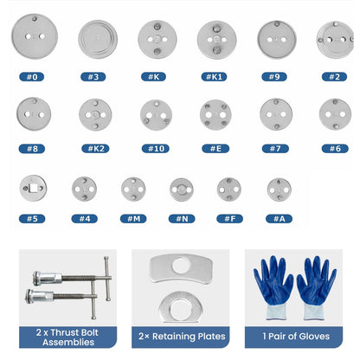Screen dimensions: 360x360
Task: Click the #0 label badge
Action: point(32,77)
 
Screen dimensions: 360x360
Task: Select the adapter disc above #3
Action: point(98,39)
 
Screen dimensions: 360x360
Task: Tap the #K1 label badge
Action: point(214,77)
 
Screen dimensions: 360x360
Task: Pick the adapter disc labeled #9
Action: point(277,40)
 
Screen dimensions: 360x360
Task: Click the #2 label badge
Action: point(334,77)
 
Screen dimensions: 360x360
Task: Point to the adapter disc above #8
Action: point(34,114)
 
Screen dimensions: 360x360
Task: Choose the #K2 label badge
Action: point(95,149)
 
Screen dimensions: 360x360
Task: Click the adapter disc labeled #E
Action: point(215,115)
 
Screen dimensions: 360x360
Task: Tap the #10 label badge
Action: point(156,149)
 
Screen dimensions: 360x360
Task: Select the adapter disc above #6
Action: point(335,114)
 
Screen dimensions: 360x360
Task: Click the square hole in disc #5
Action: point(34,188)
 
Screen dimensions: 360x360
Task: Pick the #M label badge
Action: point(133,219)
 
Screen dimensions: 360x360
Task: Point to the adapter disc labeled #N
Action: point(182,190)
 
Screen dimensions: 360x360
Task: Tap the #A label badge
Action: point(279,219)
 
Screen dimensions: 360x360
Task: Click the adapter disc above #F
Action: point(229,190)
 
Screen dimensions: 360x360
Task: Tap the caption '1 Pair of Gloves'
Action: point(296,337)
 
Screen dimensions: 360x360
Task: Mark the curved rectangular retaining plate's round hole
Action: point(181,266)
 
